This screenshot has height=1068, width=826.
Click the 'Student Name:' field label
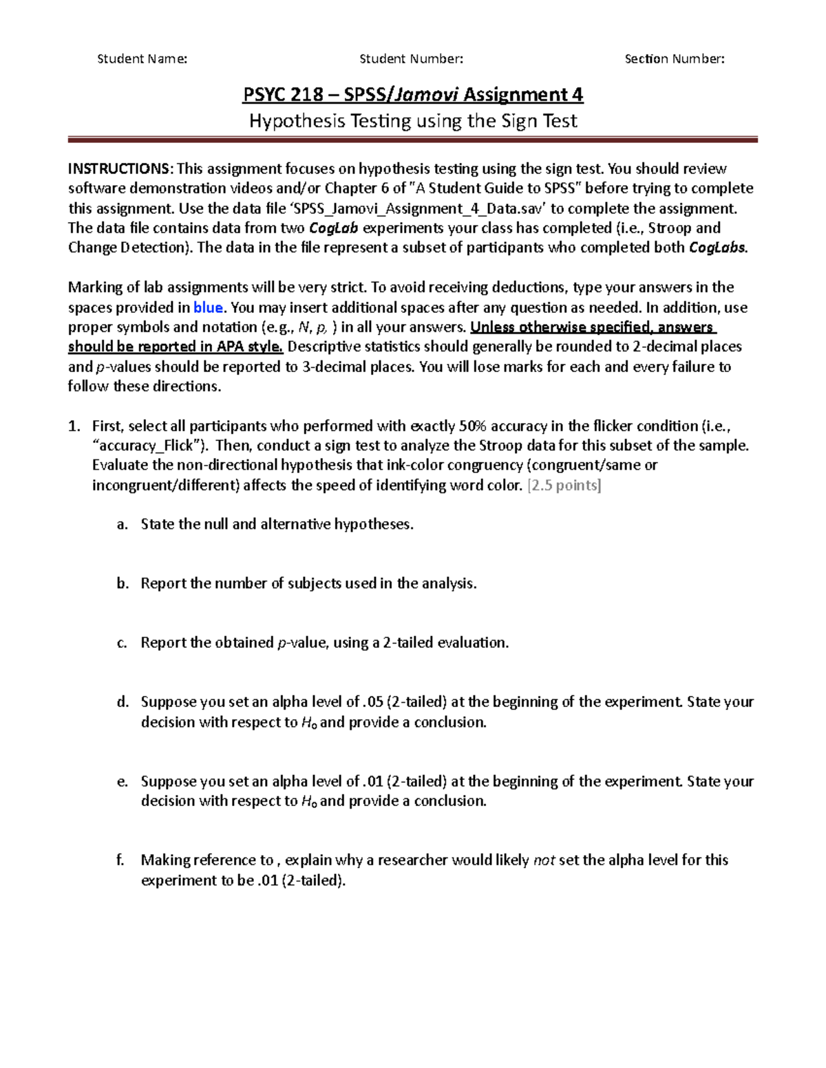tap(142, 59)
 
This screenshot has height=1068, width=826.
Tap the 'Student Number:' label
tap(411, 59)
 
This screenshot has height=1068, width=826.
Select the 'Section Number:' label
tap(674, 59)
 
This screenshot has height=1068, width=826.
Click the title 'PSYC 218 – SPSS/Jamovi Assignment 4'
tap(412, 94)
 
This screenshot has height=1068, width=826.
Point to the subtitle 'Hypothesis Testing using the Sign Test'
tap(412, 122)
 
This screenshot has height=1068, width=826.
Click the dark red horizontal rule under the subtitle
tap(412, 140)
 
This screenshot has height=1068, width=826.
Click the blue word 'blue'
tap(208, 307)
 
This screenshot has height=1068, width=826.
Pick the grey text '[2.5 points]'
tap(564, 486)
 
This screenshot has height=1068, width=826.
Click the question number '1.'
tap(74, 426)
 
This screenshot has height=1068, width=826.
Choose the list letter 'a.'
tap(123, 525)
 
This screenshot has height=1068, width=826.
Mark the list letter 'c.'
tap(123, 643)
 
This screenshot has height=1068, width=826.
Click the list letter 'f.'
tap(121, 860)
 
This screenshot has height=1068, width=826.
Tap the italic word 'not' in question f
tap(544, 860)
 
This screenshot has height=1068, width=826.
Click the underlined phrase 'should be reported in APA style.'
tap(175, 347)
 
